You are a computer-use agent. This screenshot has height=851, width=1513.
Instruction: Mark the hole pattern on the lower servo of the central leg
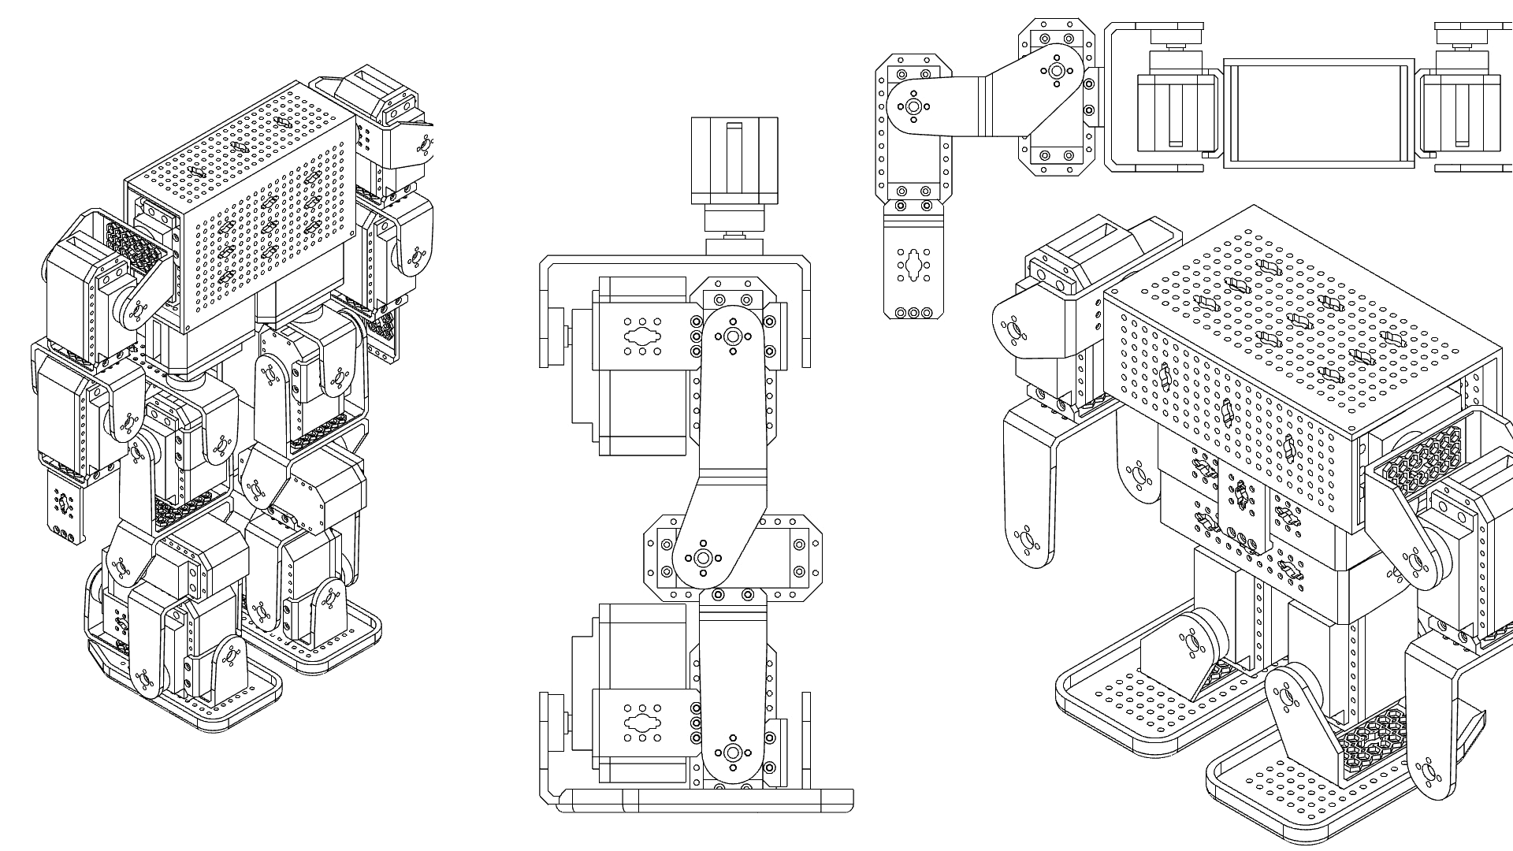click(x=643, y=723)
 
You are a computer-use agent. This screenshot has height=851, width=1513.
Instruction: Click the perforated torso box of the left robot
click(x=260, y=221)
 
